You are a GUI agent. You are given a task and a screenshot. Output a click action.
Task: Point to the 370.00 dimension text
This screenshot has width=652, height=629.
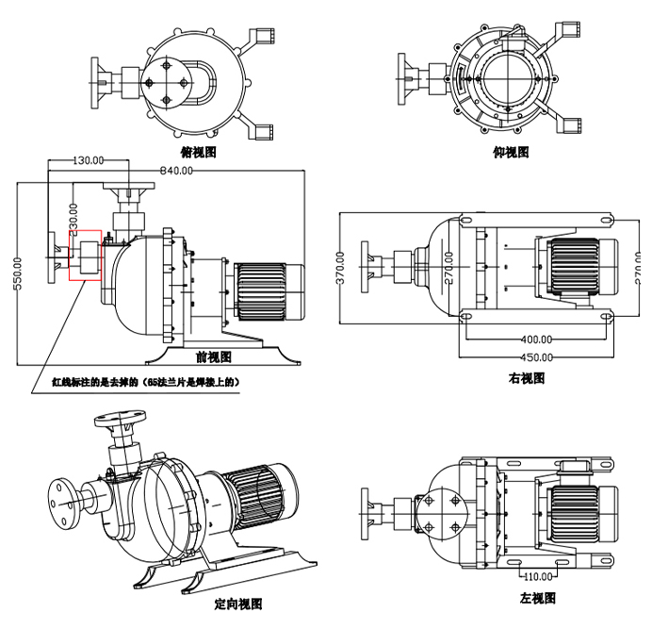[340, 268]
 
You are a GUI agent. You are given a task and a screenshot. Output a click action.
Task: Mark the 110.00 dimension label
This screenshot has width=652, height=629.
[537, 575]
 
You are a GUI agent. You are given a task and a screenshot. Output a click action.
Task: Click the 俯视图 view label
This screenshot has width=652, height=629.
[198, 151]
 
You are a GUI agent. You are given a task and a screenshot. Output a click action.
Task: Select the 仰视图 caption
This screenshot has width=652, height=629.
[511, 151]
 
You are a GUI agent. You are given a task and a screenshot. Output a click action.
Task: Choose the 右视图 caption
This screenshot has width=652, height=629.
[527, 378]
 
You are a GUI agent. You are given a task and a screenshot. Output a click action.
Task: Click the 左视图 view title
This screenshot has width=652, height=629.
[537, 598]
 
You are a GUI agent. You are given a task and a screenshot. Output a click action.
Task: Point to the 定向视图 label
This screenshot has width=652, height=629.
[238, 604]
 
